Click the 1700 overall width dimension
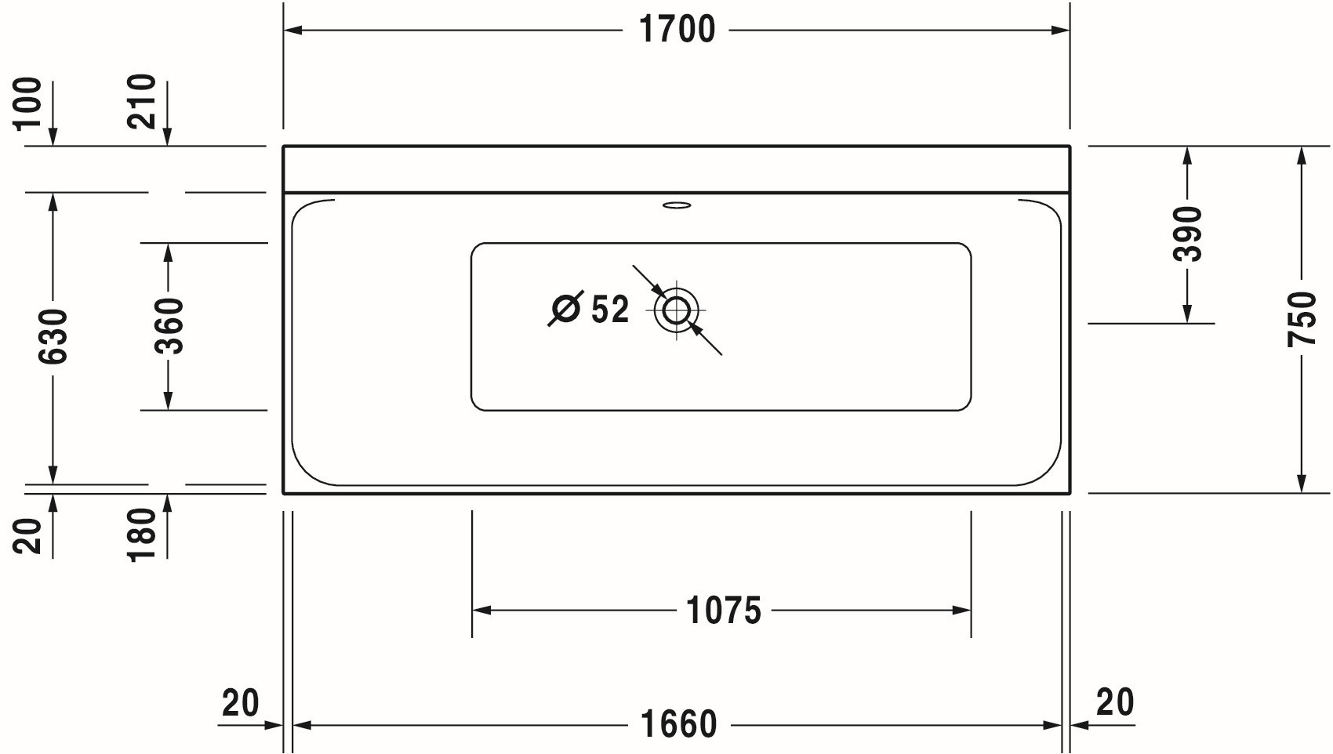[677, 30]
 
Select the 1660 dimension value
[678, 724]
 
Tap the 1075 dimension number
[723, 611]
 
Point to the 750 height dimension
[1302, 319]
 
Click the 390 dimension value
[1187, 234]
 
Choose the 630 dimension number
[53, 336]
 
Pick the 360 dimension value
[169, 326]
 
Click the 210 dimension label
[142, 101]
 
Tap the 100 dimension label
[28, 103]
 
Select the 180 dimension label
[142, 535]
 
